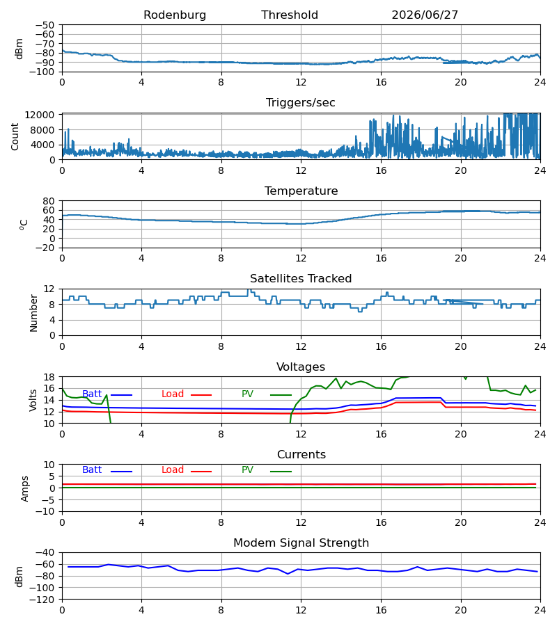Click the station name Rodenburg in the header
tap(175, 15)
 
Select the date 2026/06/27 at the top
tap(425, 15)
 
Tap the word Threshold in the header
tap(290, 15)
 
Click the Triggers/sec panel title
tap(301, 103)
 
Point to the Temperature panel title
tap(301, 191)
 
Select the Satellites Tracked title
tap(301, 279)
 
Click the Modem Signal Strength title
tap(301, 543)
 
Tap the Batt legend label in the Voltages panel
tap(92, 394)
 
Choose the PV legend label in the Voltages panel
tap(247, 394)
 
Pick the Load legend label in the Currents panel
tap(173, 470)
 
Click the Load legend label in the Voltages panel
tap(173, 394)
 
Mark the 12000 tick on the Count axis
tap(40, 115)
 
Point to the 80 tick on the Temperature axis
tap(49, 201)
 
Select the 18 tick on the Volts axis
tap(49, 377)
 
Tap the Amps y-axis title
tap(25, 489)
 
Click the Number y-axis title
tap(33, 314)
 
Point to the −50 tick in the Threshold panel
tap(45, 25)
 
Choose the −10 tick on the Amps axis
tap(45, 512)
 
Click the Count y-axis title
tap(15, 137)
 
